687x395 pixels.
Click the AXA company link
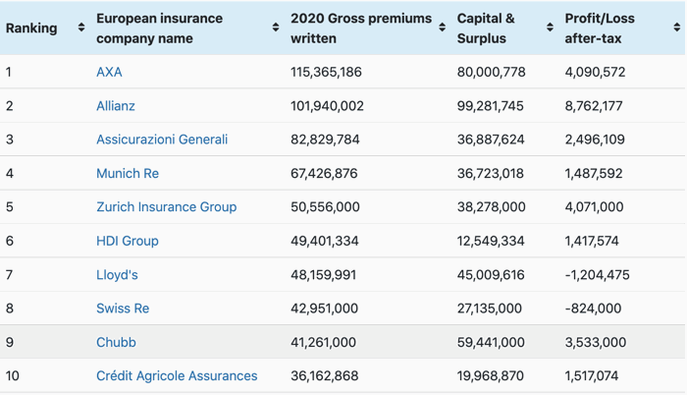pyautogui.click(x=109, y=72)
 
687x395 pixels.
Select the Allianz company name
pyautogui.click(x=116, y=106)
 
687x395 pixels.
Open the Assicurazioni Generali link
pyautogui.click(x=162, y=140)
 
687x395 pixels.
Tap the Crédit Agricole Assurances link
pyautogui.click(x=177, y=375)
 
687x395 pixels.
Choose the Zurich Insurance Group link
pyautogui.click(x=166, y=207)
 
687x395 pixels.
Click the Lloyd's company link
pyautogui.click(x=117, y=275)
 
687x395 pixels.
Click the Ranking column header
pyautogui.click(x=31, y=28)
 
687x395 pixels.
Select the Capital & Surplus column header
pyautogui.click(x=486, y=28)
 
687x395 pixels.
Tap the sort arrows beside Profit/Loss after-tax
pyautogui.click(x=676, y=28)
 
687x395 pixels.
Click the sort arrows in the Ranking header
pyautogui.click(x=80, y=28)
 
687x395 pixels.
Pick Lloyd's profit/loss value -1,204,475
pyautogui.click(x=597, y=275)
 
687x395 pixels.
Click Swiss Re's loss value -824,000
pyautogui.click(x=593, y=309)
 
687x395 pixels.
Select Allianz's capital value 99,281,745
pyautogui.click(x=491, y=106)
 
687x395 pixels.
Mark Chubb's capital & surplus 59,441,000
pyautogui.click(x=491, y=342)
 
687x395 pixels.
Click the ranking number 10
pyautogui.click(x=13, y=375)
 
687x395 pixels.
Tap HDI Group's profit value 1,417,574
pyautogui.click(x=592, y=241)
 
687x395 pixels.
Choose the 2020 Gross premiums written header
pyautogui.click(x=360, y=28)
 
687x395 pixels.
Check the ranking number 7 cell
pyautogui.click(x=9, y=275)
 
